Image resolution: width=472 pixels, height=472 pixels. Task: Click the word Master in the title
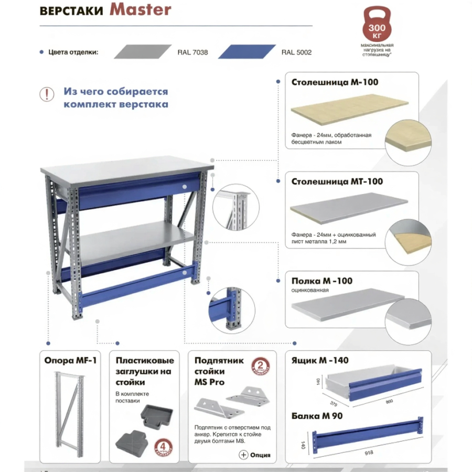coord(140,10)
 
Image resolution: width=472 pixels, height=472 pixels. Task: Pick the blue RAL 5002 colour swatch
coord(246,51)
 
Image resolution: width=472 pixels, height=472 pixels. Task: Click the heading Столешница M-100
coord(334,82)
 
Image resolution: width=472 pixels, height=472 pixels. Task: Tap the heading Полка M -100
coord(321,281)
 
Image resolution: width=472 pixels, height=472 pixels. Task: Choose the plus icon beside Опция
coord(243,455)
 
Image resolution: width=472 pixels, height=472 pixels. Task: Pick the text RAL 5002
coord(296,52)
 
